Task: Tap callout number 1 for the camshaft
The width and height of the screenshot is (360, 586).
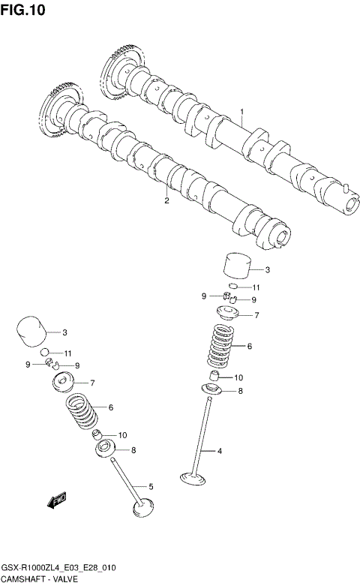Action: (x=242, y=113)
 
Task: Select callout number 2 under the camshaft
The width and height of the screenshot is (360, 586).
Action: (x=166, y=200)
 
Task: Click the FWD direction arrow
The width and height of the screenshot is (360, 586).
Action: (x=57, y=500)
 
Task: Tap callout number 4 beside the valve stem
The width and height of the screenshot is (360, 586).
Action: (x=220, y=451)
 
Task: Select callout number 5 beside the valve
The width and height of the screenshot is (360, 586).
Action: (x=151, y=487)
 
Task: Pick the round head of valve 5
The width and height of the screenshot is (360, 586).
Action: (x=143, y=509)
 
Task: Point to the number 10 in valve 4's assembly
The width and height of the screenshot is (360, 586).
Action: (x=239, y=377)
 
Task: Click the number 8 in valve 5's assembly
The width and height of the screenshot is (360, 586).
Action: (x=133, y=450)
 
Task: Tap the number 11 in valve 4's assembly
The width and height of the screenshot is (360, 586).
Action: (x=256, y=287)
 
